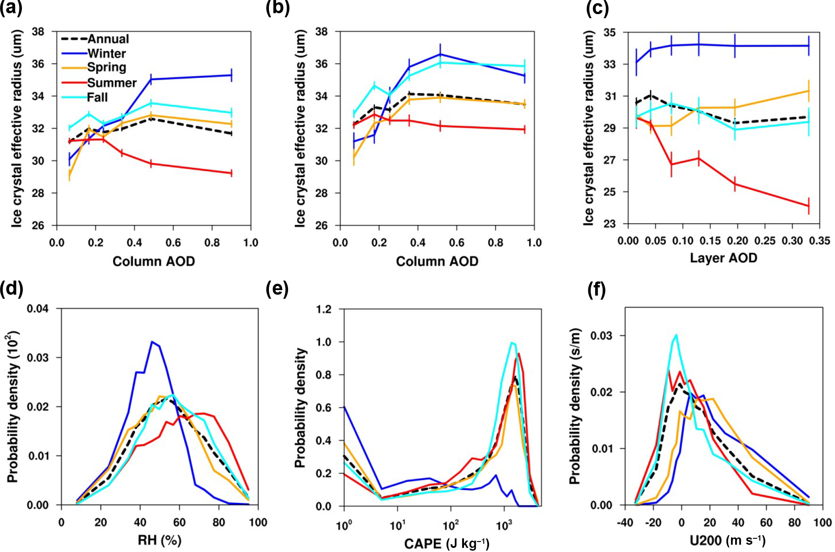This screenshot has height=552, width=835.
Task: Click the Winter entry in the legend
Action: pos(107,53)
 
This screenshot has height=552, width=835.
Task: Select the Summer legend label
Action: pos(112,82)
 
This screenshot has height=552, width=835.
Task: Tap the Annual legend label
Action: pos(108,39)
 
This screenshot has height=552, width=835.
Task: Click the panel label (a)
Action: pos(11,9)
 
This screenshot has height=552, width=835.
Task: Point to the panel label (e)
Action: pos(277,289)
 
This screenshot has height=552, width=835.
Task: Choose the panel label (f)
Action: pos(597,289)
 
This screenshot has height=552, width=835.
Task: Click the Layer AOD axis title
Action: pos(723,258)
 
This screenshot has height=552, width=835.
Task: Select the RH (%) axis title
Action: pos(160,540)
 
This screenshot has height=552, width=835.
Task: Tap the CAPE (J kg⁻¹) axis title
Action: pos(447,543)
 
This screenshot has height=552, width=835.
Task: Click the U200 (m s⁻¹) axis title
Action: pos(727,540)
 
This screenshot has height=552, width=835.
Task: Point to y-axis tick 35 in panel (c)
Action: pos(610,32)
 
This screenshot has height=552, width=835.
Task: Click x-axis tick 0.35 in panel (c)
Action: pos(820,240)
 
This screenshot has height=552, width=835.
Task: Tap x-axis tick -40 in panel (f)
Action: pos(625,522)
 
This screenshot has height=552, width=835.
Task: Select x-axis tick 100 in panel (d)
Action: pos(258,522)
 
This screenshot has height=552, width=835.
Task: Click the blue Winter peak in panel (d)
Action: pos(152,342)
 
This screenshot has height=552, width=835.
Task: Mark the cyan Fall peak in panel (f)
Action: pos(676,335)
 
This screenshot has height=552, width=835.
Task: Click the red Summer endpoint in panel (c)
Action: pos(809,206)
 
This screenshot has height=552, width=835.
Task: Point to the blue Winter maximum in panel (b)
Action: pos(440,54)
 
